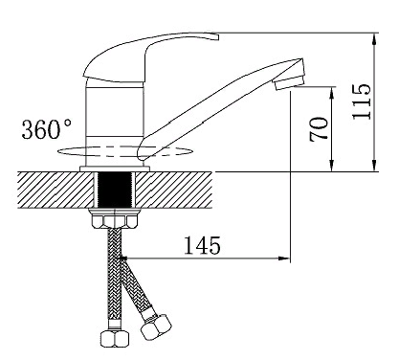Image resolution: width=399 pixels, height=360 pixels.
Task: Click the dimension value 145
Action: pyautogui.click(x=203, y=245)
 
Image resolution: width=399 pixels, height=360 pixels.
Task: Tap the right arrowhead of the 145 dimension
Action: pyautogui.click(x=284, y=259)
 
